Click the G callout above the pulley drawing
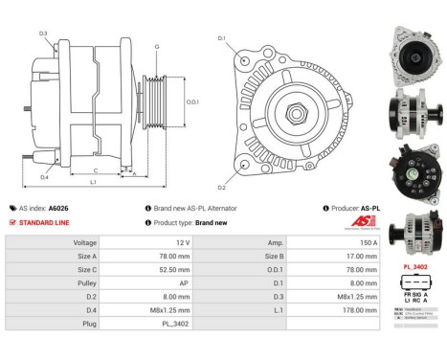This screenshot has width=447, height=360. point(156,47)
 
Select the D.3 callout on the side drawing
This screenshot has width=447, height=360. point(43,34)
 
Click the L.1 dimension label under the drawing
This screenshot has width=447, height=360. point(93,182)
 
